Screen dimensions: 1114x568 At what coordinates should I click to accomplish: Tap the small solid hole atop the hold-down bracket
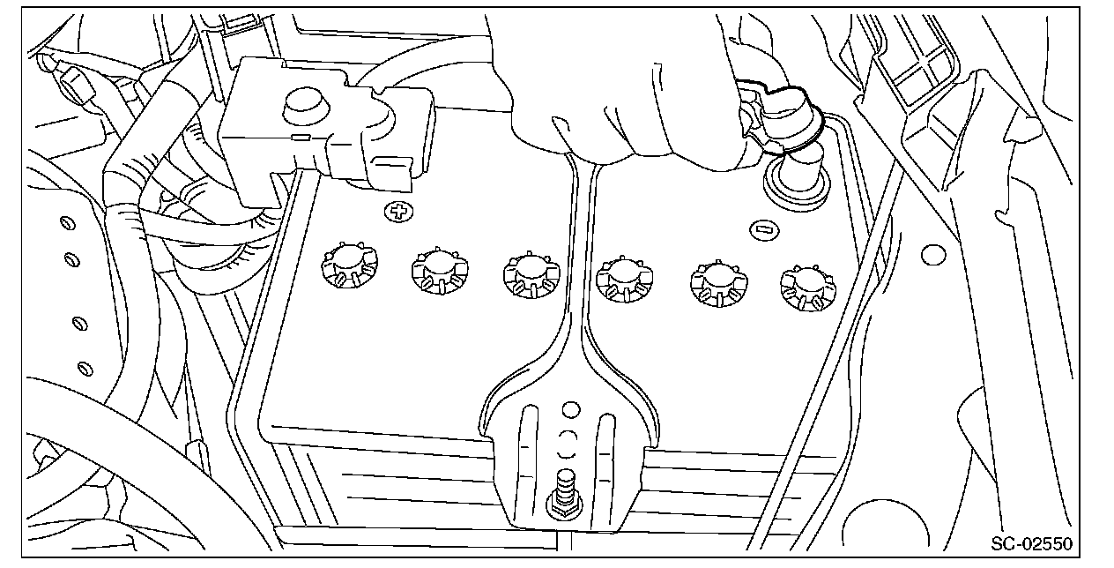[x=571, y=409]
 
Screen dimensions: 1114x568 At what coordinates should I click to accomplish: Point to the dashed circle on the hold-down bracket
[x=568, y=441]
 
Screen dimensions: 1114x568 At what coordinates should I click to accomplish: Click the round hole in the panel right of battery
[x=933, y=255]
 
